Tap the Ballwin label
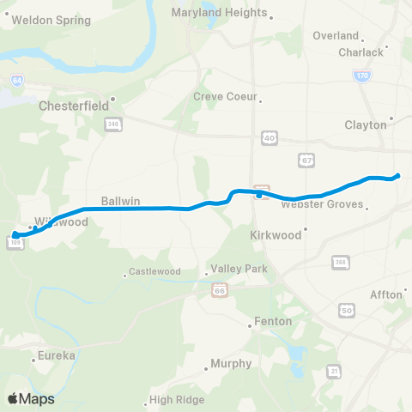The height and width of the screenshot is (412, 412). pyautogui.click(x=115, y=201)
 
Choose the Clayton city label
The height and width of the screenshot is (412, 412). pyautogui.click(x=366, y=124)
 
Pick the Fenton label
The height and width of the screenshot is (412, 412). pyautogui.click(x=273, y=322)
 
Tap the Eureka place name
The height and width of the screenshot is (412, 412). pyautogui.click(x=57, y=354)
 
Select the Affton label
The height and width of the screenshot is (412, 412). pyautogui.click(x=385, y=294)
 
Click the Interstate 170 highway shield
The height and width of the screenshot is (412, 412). pyautogui.click(x=362, y=76)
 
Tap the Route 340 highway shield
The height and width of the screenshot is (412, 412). pyautogui.click(x=113, y=125)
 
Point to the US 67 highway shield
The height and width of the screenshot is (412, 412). pyautogui.click(x=306, y=160)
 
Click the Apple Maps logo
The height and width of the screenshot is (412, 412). pyautogui.click(x=31, y=398)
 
